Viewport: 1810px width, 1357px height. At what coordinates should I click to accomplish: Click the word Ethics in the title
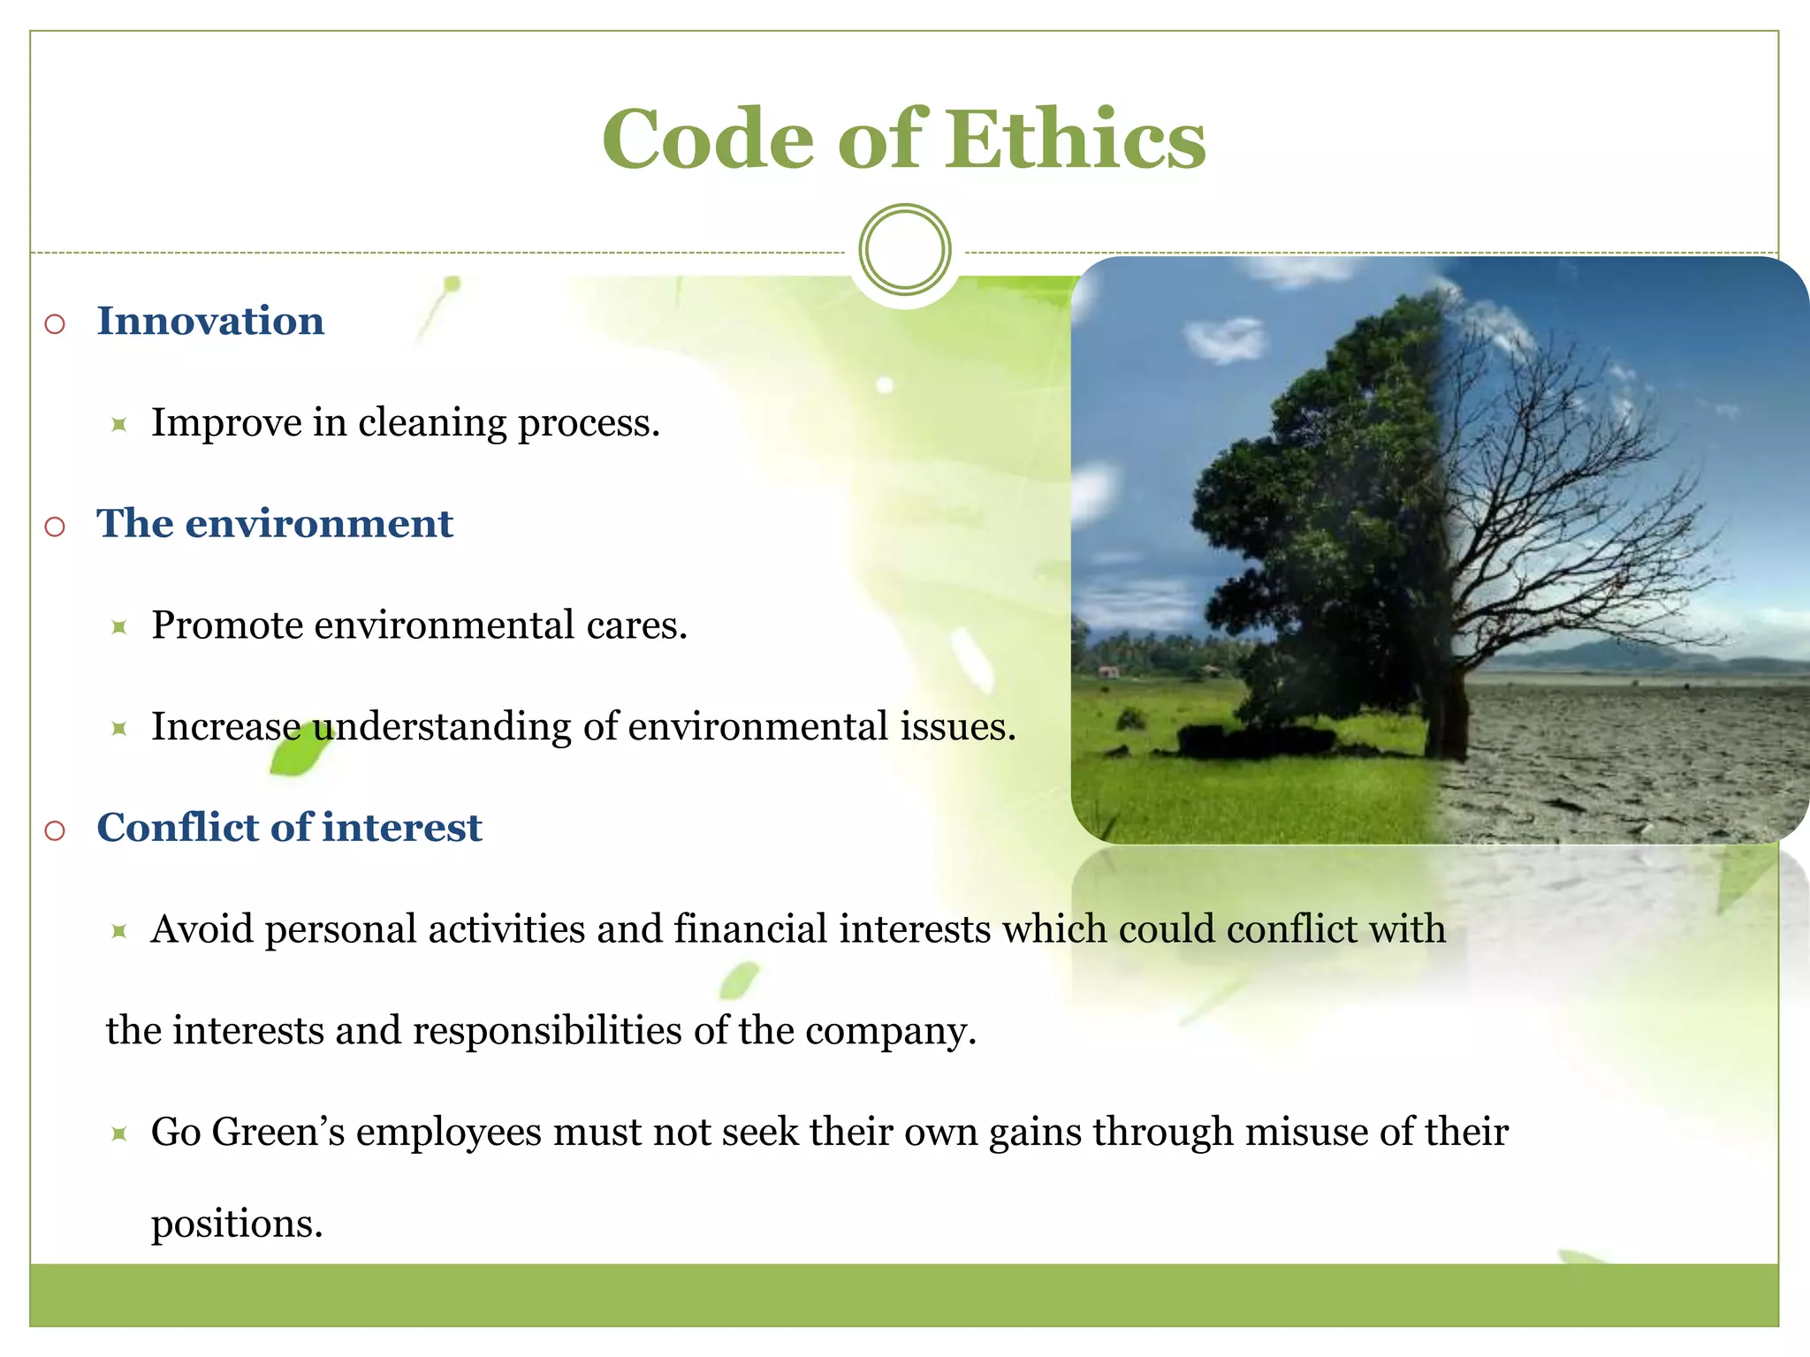tap(1076, 140)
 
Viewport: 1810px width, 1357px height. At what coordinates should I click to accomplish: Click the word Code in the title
tap(707, 140)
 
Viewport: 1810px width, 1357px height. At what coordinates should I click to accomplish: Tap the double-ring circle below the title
tap(904, 249)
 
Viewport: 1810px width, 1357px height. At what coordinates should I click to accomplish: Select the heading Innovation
tap(210, 321)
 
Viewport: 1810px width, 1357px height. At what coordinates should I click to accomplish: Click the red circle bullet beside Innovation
tap(55, 324)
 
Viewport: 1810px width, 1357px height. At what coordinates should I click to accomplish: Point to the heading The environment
tap(274, 523)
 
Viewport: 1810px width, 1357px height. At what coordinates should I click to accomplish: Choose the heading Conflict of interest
tap(289, 828)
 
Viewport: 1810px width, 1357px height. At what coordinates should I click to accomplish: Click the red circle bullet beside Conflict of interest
tap(55, 830)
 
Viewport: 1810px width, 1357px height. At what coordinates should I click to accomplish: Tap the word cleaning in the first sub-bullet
tap(432, 422)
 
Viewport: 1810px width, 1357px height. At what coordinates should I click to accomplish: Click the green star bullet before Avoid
tap(119, 930)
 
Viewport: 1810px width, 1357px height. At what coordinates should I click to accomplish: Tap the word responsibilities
tap(547, 1031)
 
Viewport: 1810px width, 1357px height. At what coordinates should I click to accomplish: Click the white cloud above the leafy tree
tap(1224, 340)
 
